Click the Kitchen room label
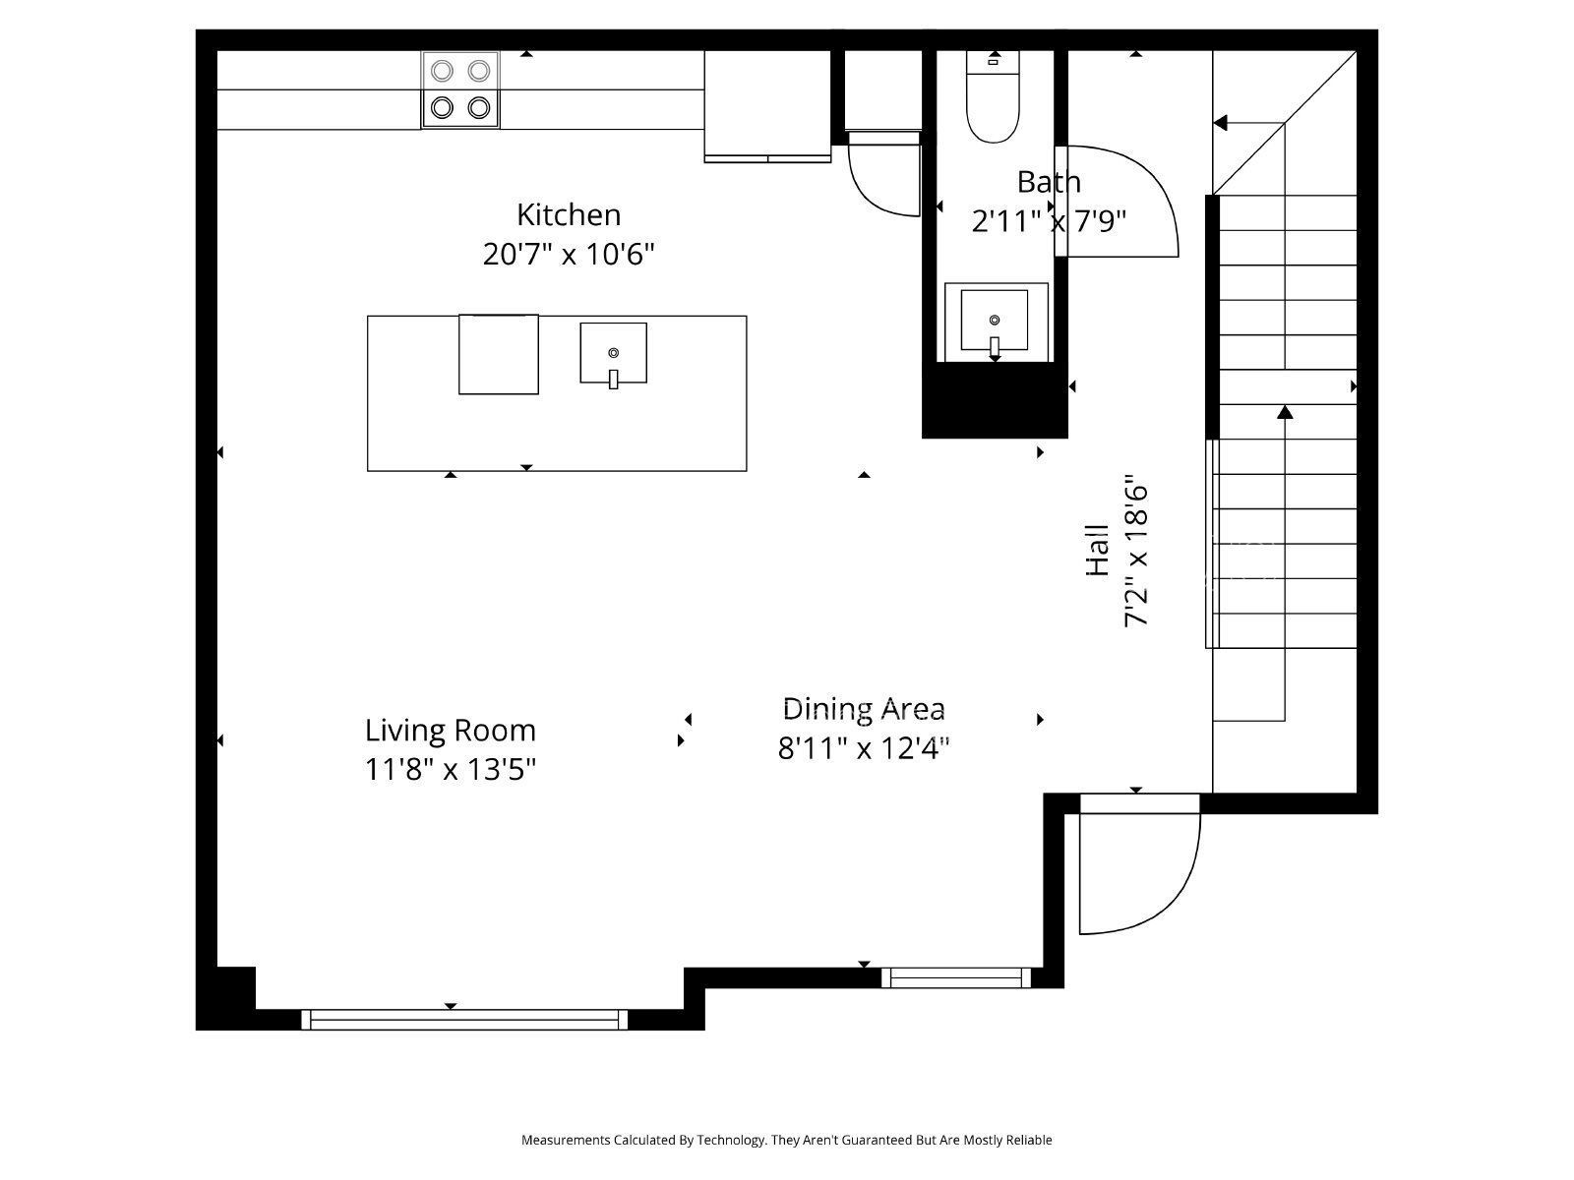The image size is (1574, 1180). [569, 214]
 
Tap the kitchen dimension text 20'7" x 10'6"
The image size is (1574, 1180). [569, 255]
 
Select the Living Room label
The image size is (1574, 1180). [451, 731]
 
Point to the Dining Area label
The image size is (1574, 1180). [864, 708]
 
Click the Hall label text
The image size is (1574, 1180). [1098, 551]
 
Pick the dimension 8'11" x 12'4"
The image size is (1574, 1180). [864, 749]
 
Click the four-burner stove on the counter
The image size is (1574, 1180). [460, 88]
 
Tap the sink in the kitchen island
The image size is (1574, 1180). [613, 353]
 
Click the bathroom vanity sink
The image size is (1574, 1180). [995, 321]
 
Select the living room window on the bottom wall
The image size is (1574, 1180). [463, 1020]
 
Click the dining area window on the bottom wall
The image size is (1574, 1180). [956, 977]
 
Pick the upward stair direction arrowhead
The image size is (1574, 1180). [1285, 411]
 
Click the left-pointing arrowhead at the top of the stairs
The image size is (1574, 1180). [1221, 123]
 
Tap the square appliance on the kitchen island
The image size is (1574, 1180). [499, 354]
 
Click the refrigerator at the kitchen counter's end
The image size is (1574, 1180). [767, 103]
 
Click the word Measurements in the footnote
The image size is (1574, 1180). [565, 1140]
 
